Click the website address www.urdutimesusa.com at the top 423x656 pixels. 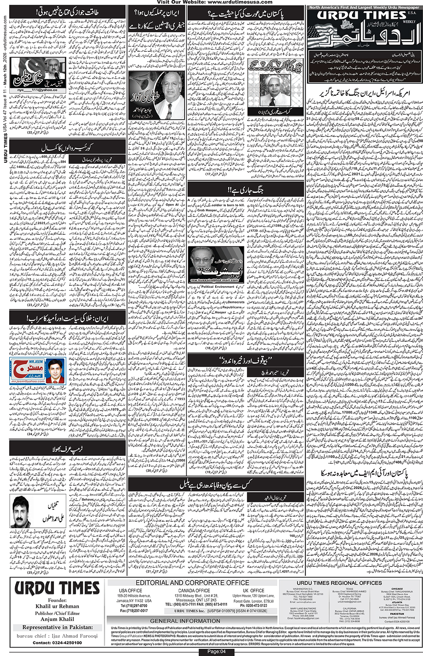click(x=240, y=2)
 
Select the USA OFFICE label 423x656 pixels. click(x=131, y=591)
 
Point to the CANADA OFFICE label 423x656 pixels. click(x=194, y=591)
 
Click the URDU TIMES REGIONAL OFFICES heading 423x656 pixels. click(x=339, y=583)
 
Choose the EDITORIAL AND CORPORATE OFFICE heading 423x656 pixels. click(x=192, y=583)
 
